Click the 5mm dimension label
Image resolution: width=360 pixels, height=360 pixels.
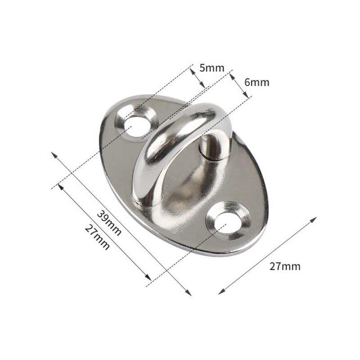pos(211,68)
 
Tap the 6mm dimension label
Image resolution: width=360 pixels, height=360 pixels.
pos(256,82)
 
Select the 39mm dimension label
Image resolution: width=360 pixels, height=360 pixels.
pos(109,224)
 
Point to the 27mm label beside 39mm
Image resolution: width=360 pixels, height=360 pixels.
pos(97,238)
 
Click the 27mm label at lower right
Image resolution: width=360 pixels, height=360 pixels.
pos(285,266)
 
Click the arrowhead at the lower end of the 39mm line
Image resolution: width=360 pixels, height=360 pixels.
pos(189,293)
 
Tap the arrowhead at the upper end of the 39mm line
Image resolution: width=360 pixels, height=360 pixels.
pos(54,155)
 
